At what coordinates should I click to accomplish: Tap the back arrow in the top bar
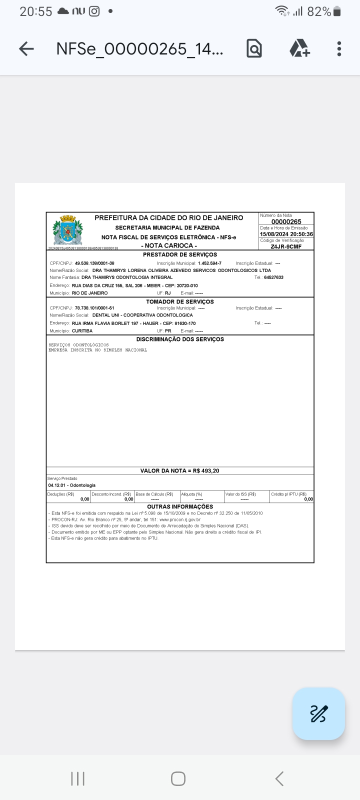click(26, 48)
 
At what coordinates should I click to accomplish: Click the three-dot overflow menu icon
click(339, 48)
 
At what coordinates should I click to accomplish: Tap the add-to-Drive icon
click(299, 48)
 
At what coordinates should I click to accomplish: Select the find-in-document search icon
click(254, 48)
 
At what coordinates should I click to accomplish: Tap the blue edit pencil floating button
click(318, 713)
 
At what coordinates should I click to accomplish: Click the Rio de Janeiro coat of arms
click(67, 230)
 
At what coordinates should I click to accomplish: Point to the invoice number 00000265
click(286, 221)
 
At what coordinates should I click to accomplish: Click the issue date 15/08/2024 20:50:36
click(286, 234)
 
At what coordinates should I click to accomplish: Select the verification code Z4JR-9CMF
click(286, 246)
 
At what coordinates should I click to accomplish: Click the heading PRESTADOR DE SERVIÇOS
click(180, 255)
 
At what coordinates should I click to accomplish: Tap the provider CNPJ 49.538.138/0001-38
click(94, 263)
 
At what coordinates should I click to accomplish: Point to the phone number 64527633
click(273, 277)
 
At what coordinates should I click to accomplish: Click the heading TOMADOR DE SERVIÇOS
click(180, 301)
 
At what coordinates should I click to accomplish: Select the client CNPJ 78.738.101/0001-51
click(94, 308)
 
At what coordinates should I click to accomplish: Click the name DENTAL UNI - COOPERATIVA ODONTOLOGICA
click(142, 315)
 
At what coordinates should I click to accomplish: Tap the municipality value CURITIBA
click(82, 331)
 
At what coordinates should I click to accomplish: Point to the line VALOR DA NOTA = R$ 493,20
click(180, 470)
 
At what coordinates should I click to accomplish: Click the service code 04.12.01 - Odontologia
click(71, 485)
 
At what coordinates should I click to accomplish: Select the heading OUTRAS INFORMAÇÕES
click(180, 506)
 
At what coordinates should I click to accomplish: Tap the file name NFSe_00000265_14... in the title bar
click(140, 48)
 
